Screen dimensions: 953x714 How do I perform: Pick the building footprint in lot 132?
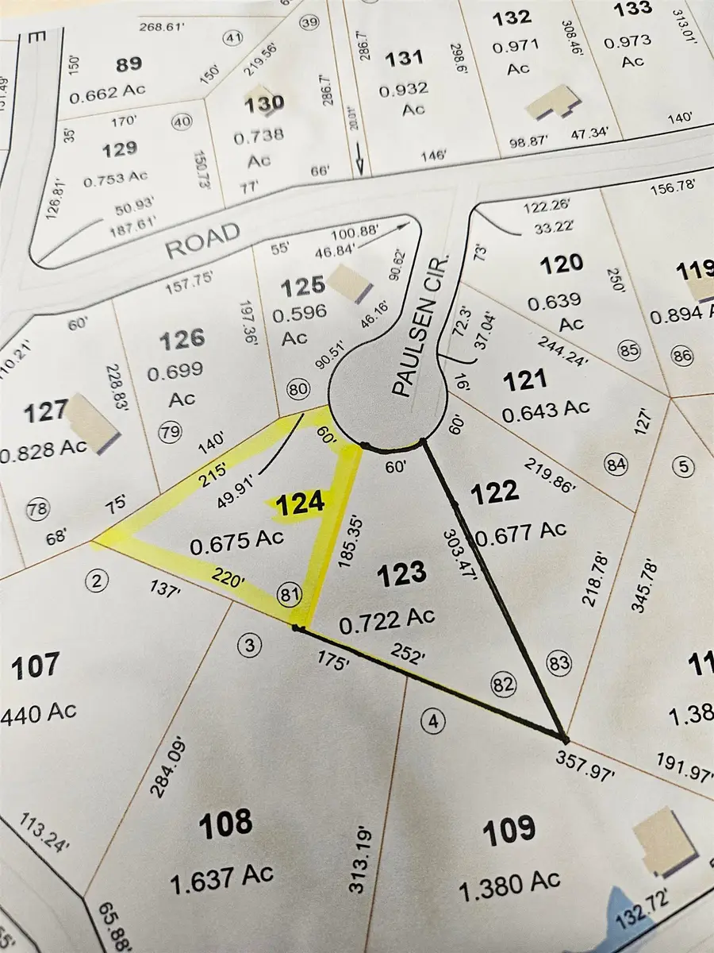tap(556, 103)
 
